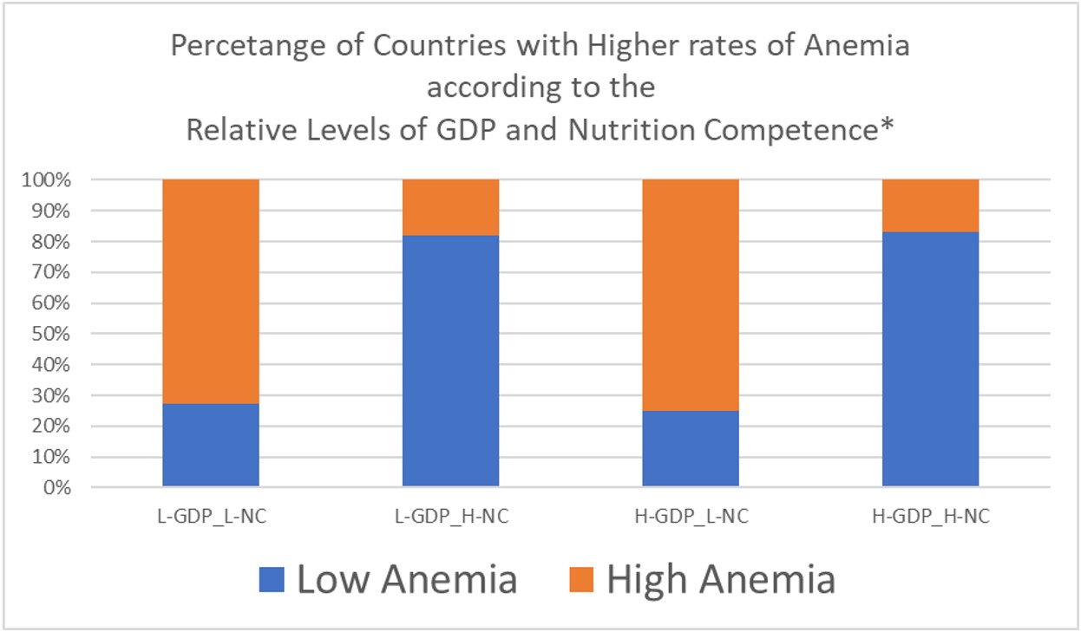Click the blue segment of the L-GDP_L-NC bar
click(210, 445)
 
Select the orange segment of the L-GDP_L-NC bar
click(210, 291)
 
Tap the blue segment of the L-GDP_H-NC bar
click(450, 361)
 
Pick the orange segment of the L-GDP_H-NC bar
click(450, 207)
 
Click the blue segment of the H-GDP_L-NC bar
click(691, 448)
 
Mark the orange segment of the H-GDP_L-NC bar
click(691, 295)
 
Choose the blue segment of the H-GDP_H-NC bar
click(930, 359)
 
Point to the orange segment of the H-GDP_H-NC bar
click(930, 205)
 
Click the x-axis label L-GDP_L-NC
click(210, 518)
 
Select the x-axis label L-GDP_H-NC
click(450, 518)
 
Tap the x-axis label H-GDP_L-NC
click(691, 518)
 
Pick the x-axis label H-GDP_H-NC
click(930, 518)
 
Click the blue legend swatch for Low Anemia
click(272, 579)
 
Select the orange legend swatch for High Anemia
click(582, 579)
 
